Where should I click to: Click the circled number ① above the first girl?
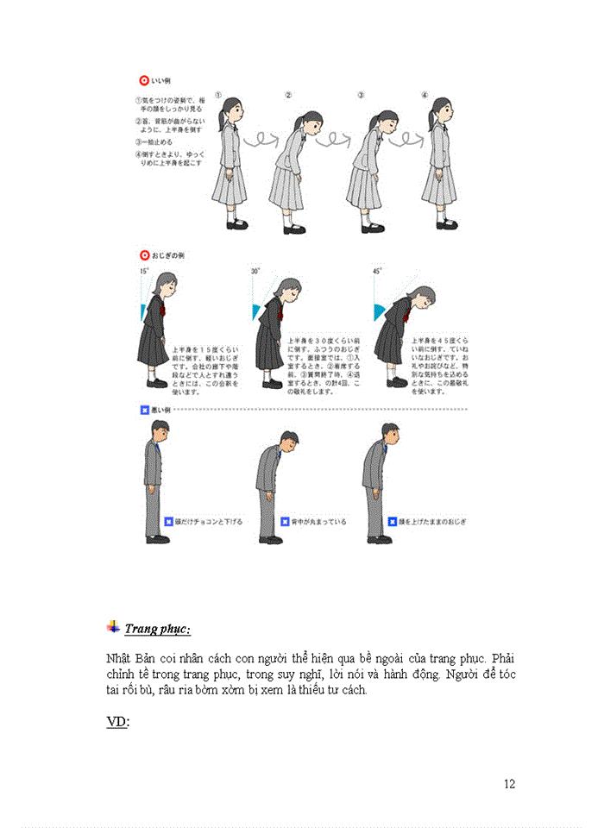tap(219, 96)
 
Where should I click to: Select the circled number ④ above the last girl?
tap(425, 96)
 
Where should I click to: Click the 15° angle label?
tap(144, 271)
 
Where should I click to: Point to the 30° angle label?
tap(255, 271)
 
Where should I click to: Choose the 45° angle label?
tap(377, 271)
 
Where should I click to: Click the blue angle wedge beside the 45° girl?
tap(380, 310)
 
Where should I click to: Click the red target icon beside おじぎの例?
tap(144, 255)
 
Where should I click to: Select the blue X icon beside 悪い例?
tap(144, 410)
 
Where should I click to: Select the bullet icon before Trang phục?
tap(113, 627)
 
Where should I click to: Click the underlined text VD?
tap(117, 722)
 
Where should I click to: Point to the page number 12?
tap(509, 784)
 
